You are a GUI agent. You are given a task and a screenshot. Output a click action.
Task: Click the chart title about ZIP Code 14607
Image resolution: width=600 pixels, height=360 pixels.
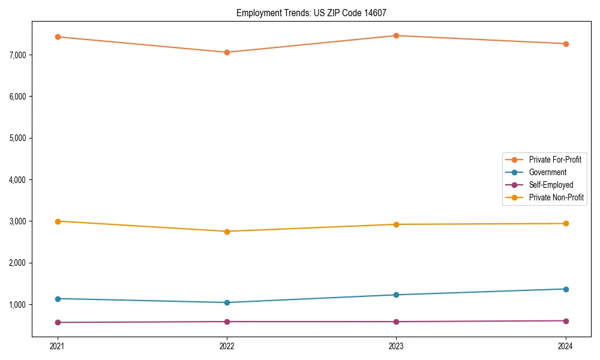point(310,13)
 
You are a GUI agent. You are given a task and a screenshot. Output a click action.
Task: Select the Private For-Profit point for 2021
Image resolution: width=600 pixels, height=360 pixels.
point(58,37)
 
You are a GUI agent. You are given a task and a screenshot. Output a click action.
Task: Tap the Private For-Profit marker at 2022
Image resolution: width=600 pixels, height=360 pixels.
point(227,52)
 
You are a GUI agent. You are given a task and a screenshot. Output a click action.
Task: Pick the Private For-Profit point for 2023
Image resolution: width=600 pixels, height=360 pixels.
point(396,35)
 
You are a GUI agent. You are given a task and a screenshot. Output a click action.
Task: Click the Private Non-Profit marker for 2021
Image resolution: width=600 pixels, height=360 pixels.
point(58,221)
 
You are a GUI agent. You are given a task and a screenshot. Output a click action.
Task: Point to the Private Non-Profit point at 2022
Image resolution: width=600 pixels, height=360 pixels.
point(227,232)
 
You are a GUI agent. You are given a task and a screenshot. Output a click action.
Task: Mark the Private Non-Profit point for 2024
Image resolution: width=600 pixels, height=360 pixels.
point(566,224)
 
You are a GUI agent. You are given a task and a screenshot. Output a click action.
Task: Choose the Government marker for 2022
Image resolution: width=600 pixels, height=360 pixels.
point(227,302)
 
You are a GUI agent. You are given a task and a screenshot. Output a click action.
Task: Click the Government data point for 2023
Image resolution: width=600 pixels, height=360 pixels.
point(396,295)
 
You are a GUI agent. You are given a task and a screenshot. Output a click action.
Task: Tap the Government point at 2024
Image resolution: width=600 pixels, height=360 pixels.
point(566,289)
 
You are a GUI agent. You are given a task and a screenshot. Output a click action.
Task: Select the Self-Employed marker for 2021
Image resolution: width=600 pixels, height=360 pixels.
point(58,322)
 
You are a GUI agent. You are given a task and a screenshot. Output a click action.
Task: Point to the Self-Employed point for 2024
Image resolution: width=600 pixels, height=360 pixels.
point(566,321)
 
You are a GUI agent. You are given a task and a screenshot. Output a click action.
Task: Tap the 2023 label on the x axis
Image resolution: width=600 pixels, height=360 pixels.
point(396,346)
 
